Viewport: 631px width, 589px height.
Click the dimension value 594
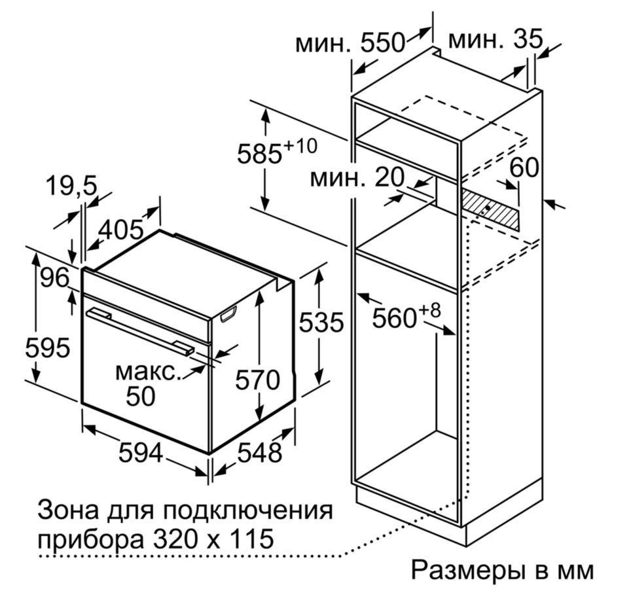pos(141,453)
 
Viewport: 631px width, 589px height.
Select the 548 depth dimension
pos(260,452)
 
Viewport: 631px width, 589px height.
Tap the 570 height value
pos(257,380)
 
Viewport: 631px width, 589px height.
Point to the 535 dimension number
pos(321,322)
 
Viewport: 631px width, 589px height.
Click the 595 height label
pos(48,348)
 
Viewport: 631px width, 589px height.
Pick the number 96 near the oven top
pos(55,277)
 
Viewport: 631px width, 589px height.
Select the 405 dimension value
pos(121,229)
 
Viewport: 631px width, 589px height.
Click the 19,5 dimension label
pos(71,186)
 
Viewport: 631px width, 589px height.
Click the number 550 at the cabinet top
pos(382,43)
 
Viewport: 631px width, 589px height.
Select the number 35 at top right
pos(528,39)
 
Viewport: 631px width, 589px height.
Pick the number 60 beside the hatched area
pos(524,168)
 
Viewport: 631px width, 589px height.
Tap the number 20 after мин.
pos(389,177)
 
